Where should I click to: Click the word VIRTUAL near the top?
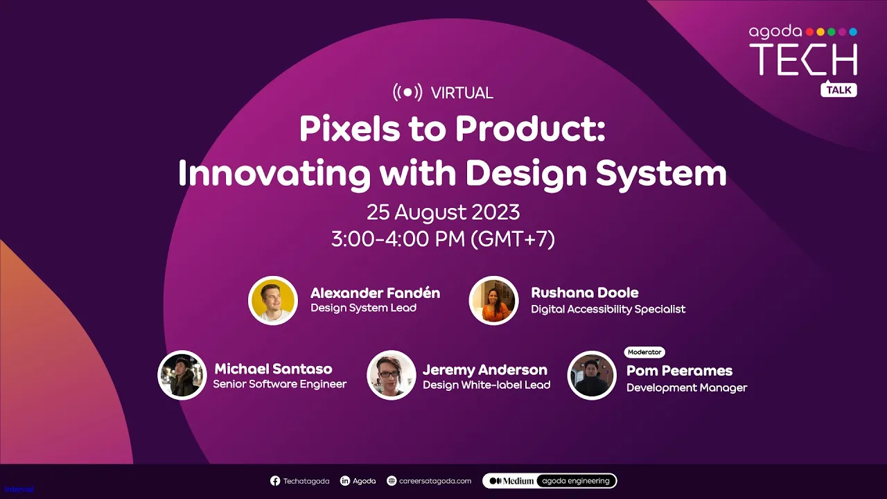coord(462,93)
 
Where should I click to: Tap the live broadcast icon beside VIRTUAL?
coord(407,92)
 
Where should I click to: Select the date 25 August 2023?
coord(443,212)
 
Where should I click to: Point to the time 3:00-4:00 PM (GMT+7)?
coord(443,239)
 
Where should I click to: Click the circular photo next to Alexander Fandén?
coord(273,301)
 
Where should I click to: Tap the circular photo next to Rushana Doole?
coord(494,301)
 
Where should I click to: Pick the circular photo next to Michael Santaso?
coord(182,375)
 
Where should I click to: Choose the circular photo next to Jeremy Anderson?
coord(392,375)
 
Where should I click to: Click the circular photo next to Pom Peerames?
coord(592,375)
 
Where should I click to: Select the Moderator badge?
coord(644,352)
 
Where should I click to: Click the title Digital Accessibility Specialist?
coord(608,309)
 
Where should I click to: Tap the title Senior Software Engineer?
coord(279,384)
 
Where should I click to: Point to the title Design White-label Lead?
coord(486,385)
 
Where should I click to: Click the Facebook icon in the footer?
coord(275,481)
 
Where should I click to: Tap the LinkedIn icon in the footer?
coord(345,481)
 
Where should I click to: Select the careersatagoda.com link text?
coord(435,481)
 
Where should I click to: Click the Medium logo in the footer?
coord(511,481)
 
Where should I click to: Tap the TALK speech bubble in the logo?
coord(838,90)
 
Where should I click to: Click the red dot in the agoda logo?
coord(810,32)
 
